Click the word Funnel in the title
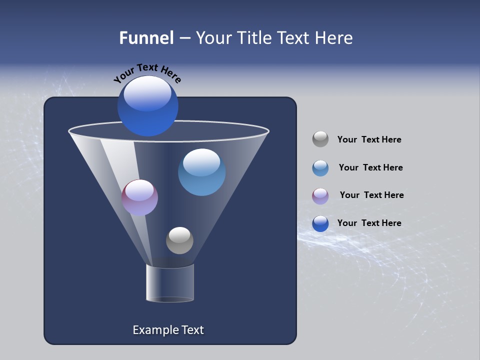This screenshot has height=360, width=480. coord(146,38)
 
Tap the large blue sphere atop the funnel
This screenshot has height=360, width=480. coord(147,106)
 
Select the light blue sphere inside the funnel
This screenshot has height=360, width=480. coord(201,172)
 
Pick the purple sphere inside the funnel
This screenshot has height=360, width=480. coord(139,198)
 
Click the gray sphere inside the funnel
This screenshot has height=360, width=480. coord(179,240)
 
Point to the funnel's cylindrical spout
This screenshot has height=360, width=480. coord(170,283)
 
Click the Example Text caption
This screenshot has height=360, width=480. coord(168,330)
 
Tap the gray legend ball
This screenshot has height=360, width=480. coord(320,139)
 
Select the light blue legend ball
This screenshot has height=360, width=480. coord(320,168)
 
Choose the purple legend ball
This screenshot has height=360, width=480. coord(320,195)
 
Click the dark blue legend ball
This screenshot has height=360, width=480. coord(320,223)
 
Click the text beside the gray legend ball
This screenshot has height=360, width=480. coord(369,140)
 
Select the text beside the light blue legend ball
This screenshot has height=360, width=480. coord(370,168)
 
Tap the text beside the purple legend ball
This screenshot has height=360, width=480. coord(371,195)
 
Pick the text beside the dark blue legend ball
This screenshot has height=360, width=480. coord(369,223)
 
